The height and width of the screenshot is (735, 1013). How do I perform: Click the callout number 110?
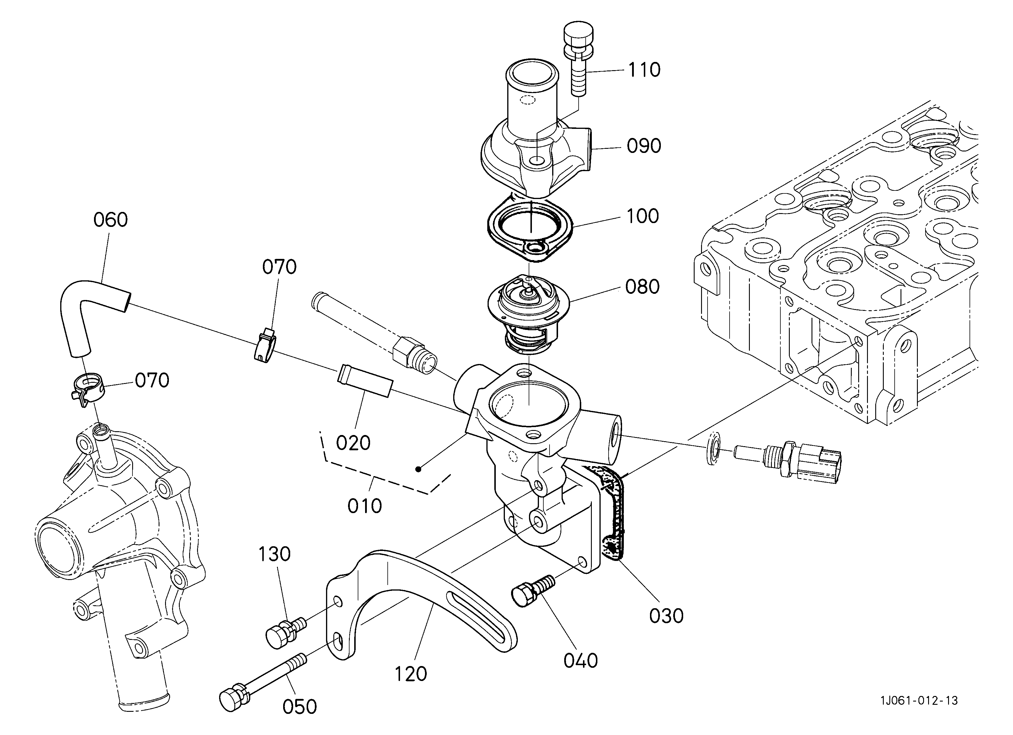click(644, 70)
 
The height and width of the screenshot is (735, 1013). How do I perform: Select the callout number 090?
click(644, 146)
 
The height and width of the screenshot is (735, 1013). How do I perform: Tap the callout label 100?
click(643, 216)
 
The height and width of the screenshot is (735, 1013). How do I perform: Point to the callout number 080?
click(642, 287)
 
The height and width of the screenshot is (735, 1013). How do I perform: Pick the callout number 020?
click(353, 443)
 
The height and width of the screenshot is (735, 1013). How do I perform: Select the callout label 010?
click(364, 506)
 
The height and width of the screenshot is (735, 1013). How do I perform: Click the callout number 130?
click(274, 554)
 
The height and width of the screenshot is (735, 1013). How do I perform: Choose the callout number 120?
click(411, 674)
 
